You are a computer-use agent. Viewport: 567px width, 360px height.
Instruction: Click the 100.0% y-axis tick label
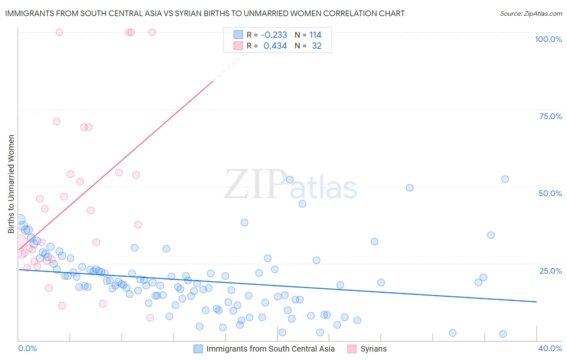tap(548, 39)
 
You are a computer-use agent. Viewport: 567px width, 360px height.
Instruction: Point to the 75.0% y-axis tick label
tap(550, 116)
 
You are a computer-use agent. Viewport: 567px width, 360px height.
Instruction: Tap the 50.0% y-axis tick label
tap(550, 193)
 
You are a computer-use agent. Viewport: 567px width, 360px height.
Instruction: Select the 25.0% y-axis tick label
tap(550, 271)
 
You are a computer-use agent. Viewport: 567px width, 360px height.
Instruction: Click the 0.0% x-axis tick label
tap(27, 348)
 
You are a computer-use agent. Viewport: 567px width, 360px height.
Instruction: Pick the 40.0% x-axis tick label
tap(550, 348)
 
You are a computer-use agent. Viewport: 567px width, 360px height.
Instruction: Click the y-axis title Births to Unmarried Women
tap(11, 184)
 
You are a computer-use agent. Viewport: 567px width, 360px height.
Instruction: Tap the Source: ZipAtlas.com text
tap(531, 14)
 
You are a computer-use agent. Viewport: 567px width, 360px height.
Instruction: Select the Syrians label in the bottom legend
tap(373, 349)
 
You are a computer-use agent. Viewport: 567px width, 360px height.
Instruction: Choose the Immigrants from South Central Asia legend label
tap(270, 349)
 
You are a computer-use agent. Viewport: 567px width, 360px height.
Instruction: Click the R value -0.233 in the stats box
tap(274, 35)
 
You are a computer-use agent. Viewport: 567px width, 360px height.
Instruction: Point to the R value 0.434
tap(275, 46)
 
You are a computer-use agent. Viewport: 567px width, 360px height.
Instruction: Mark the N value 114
tap(315, 35)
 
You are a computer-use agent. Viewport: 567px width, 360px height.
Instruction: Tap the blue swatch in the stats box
tap(238, 35)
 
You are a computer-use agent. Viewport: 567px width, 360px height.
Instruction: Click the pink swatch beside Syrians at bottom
tap(352, 349)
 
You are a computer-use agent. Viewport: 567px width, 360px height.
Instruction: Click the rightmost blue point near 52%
tap(505, 179)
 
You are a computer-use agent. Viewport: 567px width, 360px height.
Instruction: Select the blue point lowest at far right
tap(503, 334)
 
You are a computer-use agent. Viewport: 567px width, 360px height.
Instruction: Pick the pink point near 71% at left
tap(56, 121)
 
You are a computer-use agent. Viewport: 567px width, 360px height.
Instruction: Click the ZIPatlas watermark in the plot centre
tap(290, 185)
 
